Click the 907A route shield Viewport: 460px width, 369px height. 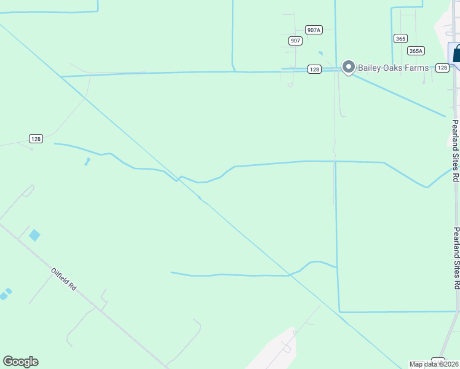coord(314,30)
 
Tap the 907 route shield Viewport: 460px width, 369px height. coord(295,41)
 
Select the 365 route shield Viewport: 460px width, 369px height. coord(400,38)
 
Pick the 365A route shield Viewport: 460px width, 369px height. coord(416,51)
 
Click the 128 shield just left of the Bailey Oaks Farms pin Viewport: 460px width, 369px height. coord(314,69)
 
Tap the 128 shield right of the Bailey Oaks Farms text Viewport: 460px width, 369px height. coord(442,68)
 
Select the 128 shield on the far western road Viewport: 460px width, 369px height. coord(36,139)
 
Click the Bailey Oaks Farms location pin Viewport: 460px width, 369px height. coord(349,66)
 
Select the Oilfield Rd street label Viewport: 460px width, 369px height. coord(63,279)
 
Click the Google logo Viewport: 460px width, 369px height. coord(20,362)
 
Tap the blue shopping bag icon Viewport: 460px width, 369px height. coord(456,54)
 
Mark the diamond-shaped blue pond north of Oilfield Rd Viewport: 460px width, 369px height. coord(34,235)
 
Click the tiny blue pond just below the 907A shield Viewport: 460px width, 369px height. coord(320,53)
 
